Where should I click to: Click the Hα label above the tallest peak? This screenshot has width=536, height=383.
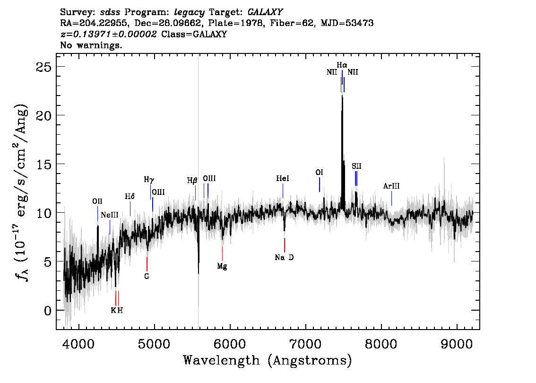[342, 65]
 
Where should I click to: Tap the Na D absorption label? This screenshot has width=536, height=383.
[284, 258]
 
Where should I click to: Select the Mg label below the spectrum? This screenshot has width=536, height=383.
[222, 266]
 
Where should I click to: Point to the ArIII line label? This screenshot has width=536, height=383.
[391, 186]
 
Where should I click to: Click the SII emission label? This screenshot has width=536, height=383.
[356, 166]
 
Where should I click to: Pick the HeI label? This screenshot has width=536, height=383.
[283, 179]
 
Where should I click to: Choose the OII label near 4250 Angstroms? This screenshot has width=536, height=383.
[97, 201]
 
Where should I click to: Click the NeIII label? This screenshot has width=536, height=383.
[110, 215]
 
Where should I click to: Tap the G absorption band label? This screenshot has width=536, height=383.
[147, 276]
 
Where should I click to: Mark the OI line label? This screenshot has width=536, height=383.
[319, 172]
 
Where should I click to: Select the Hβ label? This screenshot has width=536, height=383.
[192, 181]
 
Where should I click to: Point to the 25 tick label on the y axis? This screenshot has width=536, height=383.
[43, 67]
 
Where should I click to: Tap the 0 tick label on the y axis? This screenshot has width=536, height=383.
[48, 311]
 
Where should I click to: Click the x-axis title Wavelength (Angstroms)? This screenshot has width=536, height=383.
[268, 361]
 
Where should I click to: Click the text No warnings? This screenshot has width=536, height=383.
[91, 45]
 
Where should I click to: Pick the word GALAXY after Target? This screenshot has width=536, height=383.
[265, 12]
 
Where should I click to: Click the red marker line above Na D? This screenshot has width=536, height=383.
[285, 245]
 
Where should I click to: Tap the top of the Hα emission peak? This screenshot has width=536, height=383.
[342, 96]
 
